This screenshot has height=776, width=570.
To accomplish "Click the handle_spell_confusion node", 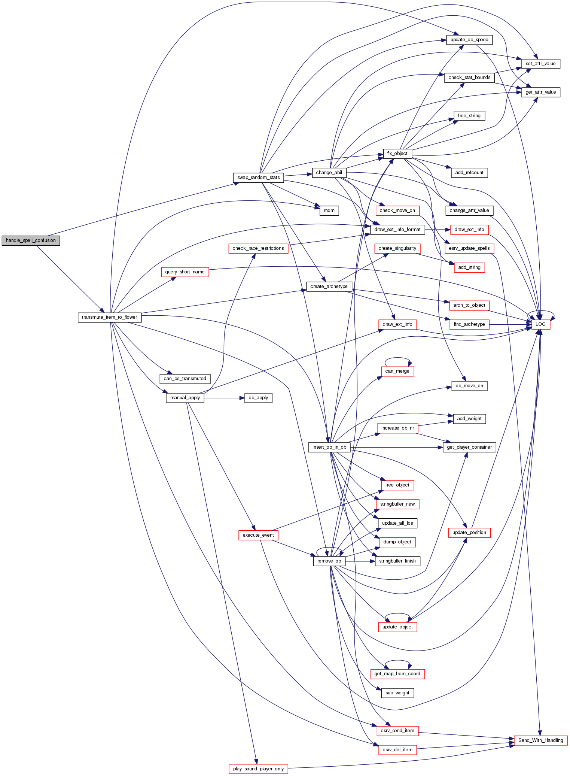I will tap(31, 240).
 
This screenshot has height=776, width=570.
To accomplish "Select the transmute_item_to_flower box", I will tap(109, 317).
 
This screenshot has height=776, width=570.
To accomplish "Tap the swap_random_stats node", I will tap(258, 178).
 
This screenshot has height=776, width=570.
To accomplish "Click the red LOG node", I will tap(540, 324).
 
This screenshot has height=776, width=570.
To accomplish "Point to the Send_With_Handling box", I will tap(540, 740).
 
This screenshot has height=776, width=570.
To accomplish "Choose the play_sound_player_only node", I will tap(258, 769).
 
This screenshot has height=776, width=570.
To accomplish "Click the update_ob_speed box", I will tap(469, 40).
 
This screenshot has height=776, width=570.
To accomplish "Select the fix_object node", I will tap(397, 154).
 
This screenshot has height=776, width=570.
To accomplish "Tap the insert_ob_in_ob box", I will tap(329, 447).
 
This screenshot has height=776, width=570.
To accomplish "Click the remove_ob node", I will tap(329, 561).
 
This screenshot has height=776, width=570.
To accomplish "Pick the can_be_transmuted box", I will tap(185, 379).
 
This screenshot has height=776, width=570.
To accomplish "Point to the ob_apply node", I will tap(258, 398).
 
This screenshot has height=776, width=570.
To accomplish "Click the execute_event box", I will tap(258, 535).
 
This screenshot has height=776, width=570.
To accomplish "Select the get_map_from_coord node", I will tap(397, 674).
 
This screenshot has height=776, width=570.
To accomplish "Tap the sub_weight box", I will tap(397, 693).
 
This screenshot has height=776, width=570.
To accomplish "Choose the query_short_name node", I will tap(185, 272).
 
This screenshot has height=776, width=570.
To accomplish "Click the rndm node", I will tap(329, 210).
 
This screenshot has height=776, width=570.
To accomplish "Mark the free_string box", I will tap(469, 116).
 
